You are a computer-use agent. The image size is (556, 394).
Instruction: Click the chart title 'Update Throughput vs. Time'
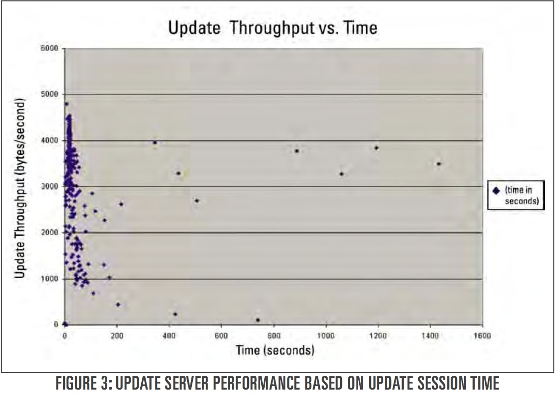273,28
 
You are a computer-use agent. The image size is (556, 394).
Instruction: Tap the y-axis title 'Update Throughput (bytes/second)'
20,188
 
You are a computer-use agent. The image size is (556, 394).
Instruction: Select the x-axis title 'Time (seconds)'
275,350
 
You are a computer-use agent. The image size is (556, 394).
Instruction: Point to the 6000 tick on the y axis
50,49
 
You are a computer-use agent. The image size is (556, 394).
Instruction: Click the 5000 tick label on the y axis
50,94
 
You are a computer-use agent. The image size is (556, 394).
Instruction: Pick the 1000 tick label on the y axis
50,279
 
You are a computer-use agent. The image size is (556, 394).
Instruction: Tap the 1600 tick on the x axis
482,335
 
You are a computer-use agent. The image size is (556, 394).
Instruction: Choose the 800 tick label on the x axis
274,335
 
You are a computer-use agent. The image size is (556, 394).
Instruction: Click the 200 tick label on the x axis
117,335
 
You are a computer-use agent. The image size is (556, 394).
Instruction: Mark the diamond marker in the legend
496,191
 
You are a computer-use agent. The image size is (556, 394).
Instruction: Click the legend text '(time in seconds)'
522,196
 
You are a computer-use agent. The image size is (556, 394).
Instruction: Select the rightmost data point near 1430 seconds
438,164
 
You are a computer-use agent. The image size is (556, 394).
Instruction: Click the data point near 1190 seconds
376,148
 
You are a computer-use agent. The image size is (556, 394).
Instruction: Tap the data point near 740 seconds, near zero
258,320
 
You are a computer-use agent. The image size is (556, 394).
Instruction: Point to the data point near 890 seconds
297,151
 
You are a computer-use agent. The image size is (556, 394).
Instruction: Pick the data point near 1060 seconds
341,174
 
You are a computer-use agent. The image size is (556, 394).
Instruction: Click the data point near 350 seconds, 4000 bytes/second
155,142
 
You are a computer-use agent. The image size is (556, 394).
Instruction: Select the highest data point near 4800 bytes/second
66,104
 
